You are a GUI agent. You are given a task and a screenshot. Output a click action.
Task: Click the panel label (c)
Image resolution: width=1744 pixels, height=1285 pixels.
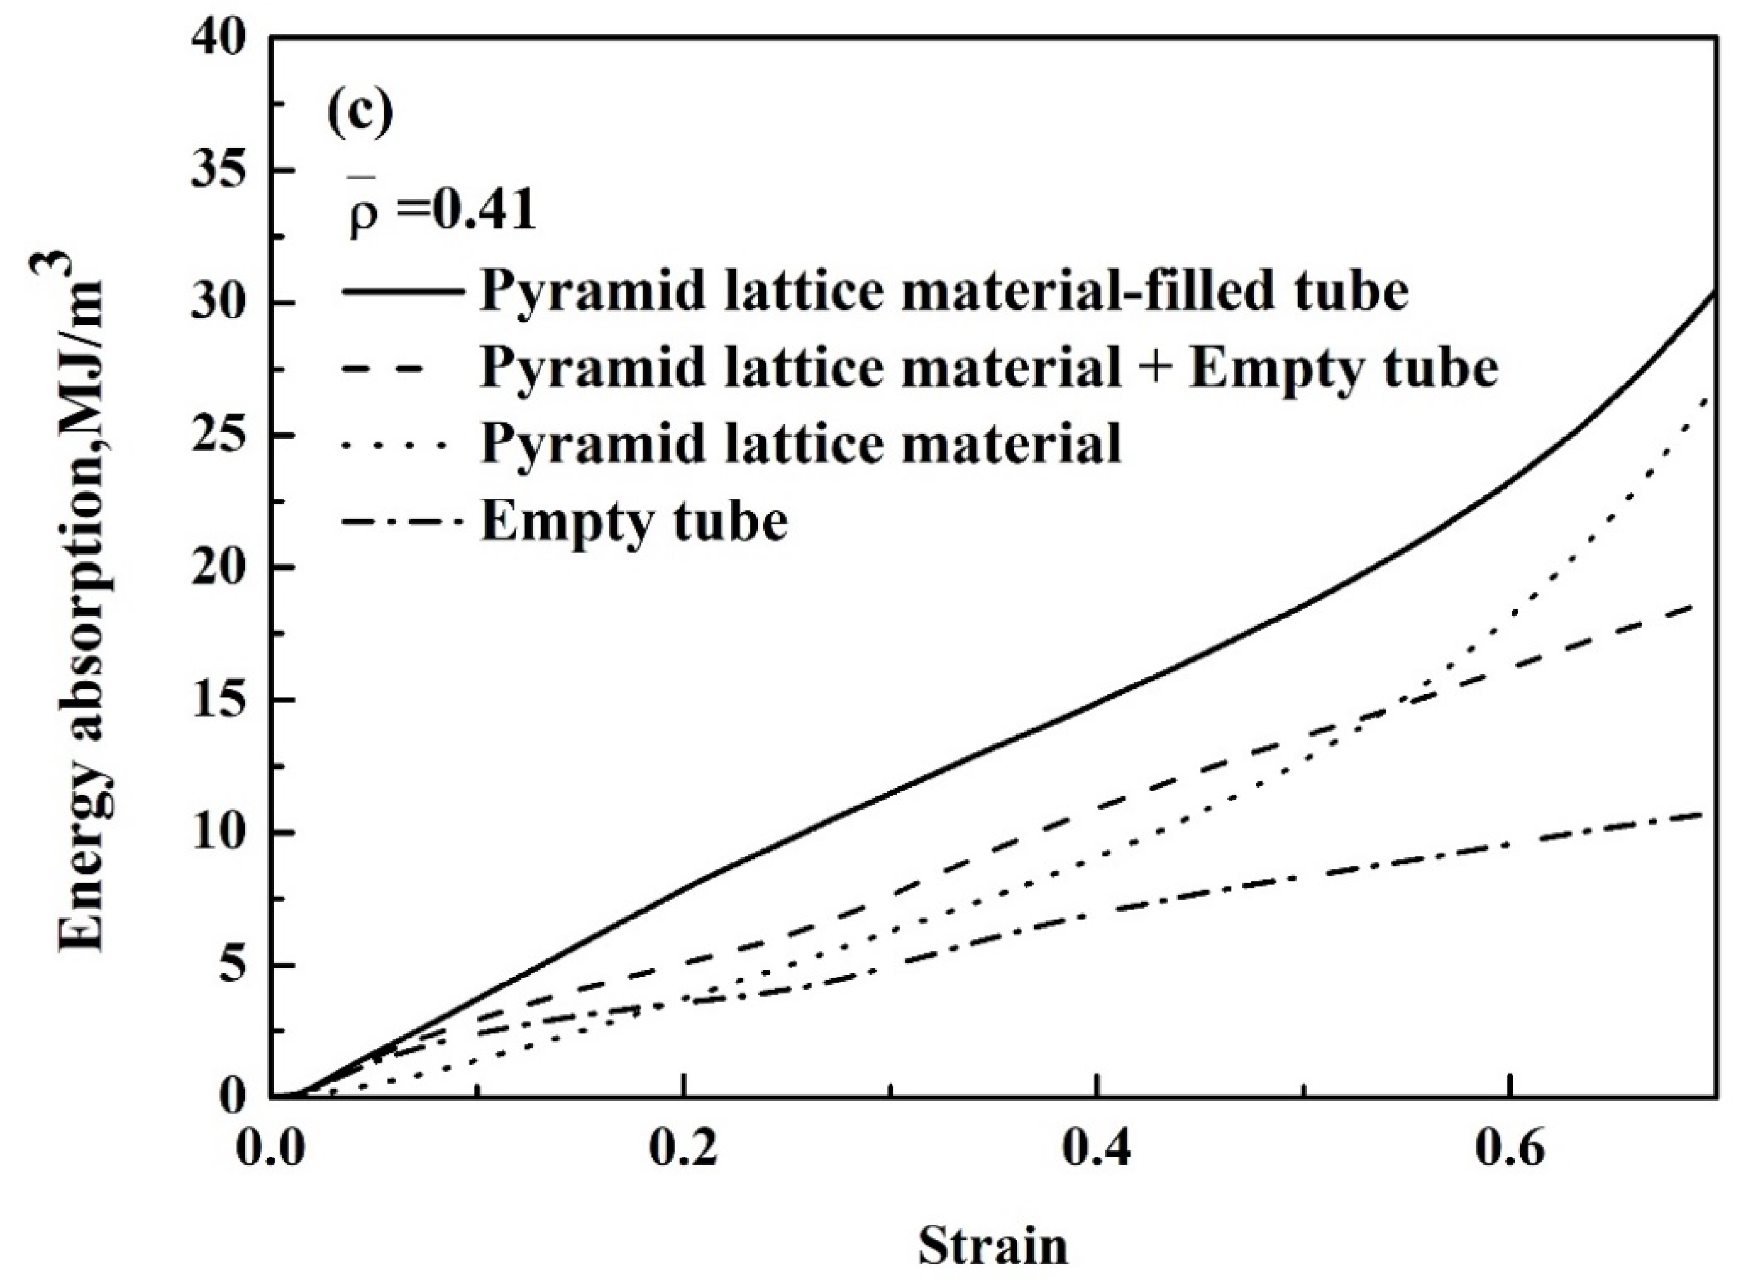pos(360,113)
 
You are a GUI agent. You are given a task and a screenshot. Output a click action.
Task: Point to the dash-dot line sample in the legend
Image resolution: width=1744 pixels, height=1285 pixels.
pos(402,520)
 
